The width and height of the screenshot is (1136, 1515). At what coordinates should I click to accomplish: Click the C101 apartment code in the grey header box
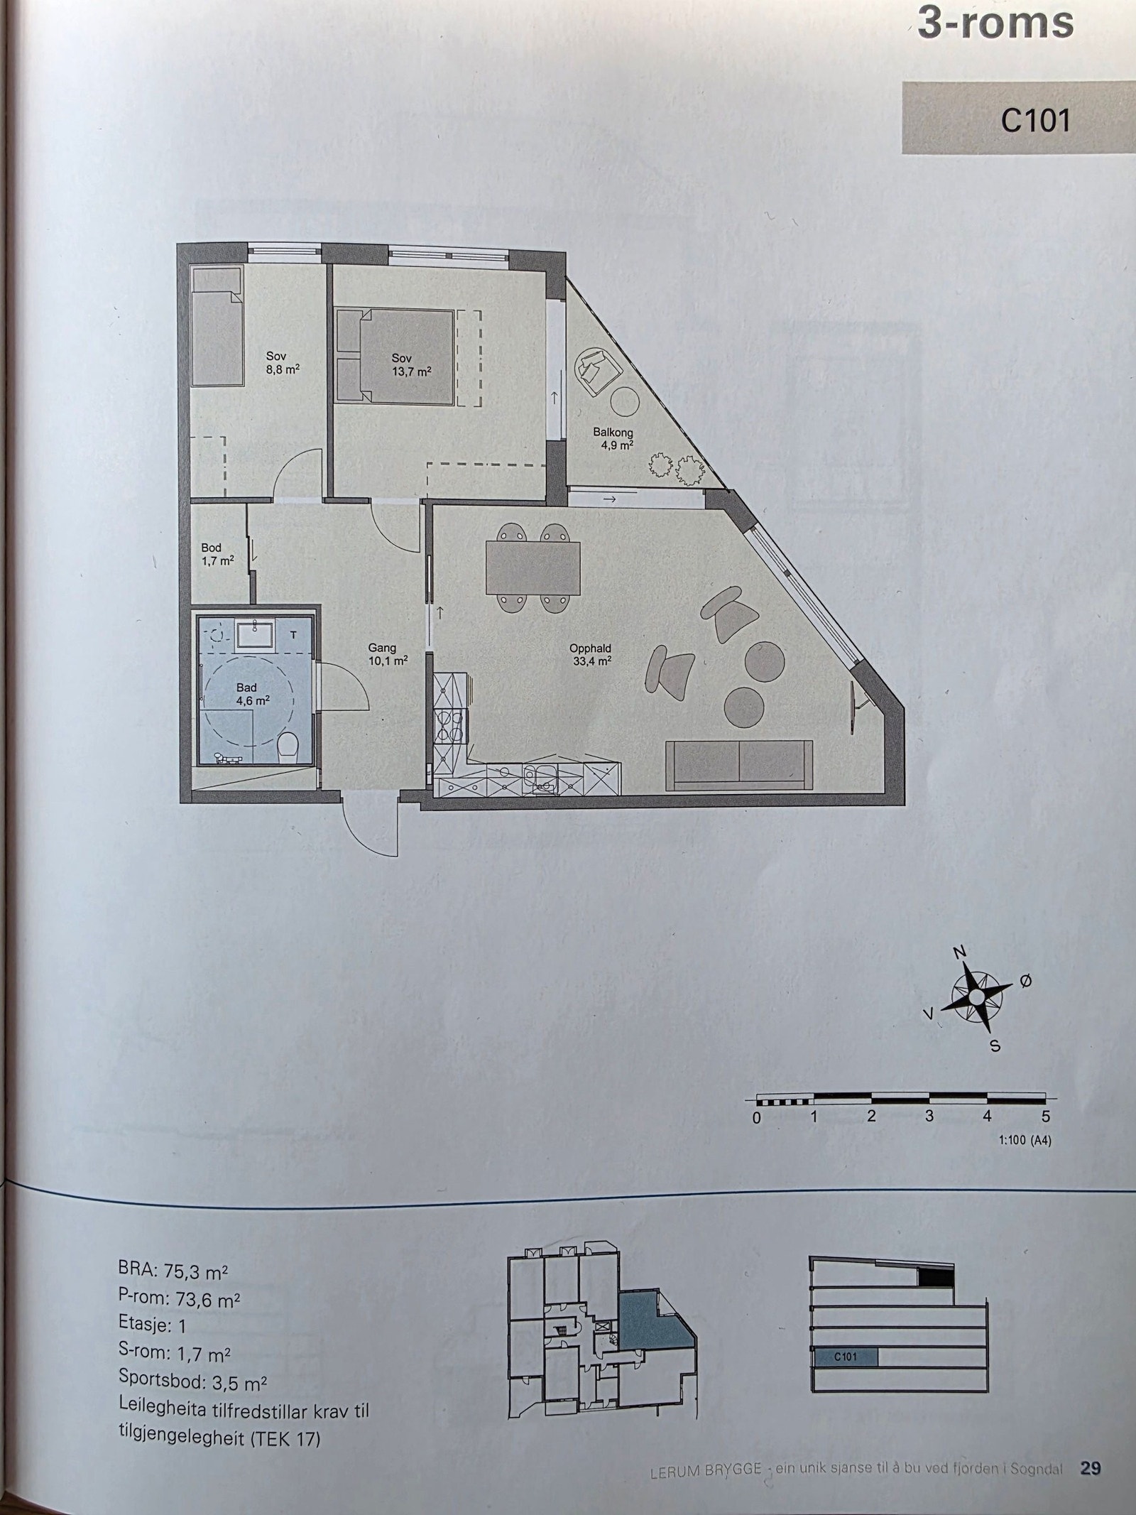click(1035, 121)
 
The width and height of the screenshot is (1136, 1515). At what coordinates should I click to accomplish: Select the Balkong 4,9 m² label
click(613, 439)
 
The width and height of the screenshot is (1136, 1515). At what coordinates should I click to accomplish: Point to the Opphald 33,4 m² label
click(590, 654)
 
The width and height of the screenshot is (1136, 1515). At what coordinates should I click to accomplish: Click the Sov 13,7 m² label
click(411, 365)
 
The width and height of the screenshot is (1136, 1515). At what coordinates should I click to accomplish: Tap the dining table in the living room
click(532, 568)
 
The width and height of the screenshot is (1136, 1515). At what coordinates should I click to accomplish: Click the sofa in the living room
click(739, 764)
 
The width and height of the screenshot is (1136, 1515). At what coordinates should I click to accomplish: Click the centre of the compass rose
click(977, 998)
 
